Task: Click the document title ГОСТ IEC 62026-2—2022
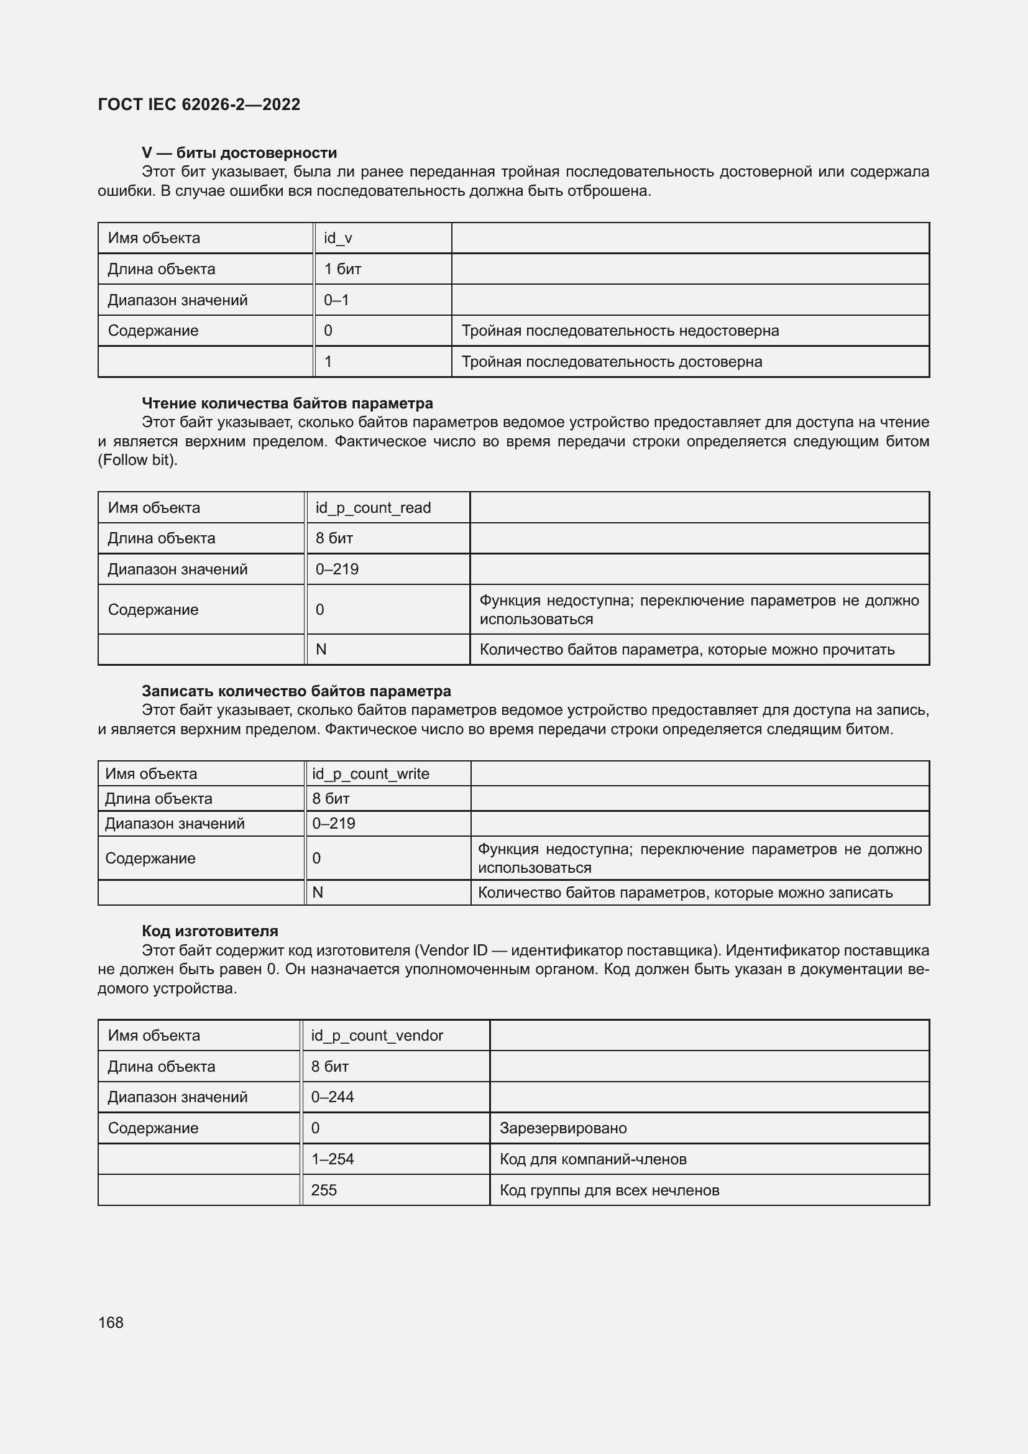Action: pyautogui.click(x=199, y=104)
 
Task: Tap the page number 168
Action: pyautogui.click(x=111, y=1322)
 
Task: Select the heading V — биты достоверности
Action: pyautogui.click(x=239, y=153)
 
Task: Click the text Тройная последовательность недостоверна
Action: pyautogui.click(x=620, y=331)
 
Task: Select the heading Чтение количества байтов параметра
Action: pyautogui.click(x=287, y=403)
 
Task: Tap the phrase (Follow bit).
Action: pyautogui.click(x=137, y=460)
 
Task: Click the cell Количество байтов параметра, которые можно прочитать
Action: pyautogui.click(x=687, y=650)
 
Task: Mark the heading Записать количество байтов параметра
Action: pyautogui.click(x=296, y=691)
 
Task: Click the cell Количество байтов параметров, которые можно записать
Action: pyautogui.click(x=685, y=893)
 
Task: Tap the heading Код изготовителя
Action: pyautogui.click(x=210, y=931)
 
